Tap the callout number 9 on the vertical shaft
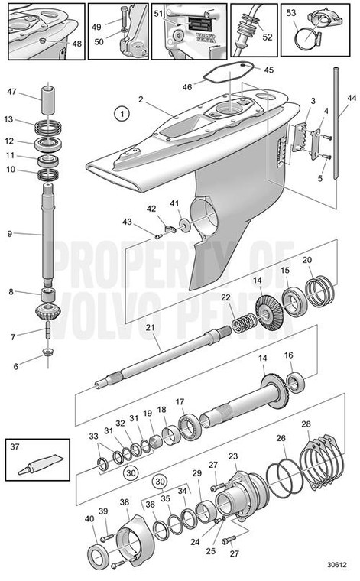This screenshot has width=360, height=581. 9,234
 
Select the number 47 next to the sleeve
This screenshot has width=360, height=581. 11,92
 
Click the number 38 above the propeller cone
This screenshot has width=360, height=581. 125,501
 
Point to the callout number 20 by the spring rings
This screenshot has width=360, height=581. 306,260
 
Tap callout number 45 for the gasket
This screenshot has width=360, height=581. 268,70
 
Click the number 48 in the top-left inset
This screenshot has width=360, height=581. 76,44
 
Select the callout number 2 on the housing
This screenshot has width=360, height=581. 141,99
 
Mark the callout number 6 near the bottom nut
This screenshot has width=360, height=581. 16,367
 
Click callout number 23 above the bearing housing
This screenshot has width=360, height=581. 232,456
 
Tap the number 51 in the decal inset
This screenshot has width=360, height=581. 158,13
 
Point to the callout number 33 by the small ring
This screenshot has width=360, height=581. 92,437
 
